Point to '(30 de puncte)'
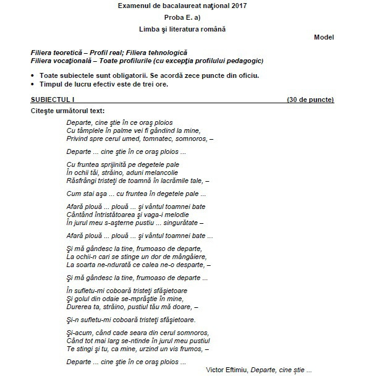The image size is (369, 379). coord(310,100)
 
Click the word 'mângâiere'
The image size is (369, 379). coord(186,256)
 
